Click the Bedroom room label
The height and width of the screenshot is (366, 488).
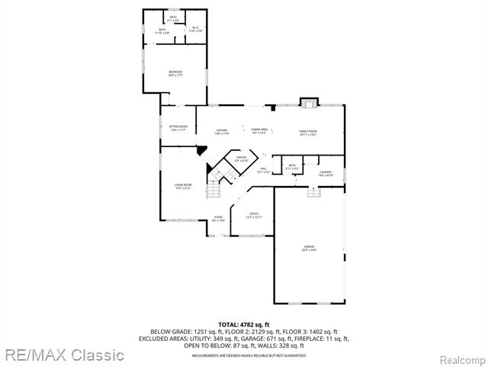(x=175, y=73)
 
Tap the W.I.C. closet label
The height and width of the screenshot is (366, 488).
(x=195, y=29)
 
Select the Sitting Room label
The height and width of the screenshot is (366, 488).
(x=177, y=129)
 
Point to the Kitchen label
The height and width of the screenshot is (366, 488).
(x=222, y=132)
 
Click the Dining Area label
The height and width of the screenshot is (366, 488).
(x=259, y=131)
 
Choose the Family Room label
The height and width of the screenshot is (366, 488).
(x=307, y=133)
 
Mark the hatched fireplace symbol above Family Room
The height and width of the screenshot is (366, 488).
(x=309, y=101)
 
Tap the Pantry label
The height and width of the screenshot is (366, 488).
(x=241, y=159)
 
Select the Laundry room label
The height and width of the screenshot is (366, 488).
(x=326, y=175)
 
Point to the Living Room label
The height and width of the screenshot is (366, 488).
(x=183, y=186)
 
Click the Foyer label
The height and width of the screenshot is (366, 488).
(x=219, y=219)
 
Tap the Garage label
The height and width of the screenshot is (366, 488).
(x=310, y=248)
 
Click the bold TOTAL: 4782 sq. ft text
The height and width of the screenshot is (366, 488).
(x=243, y=325)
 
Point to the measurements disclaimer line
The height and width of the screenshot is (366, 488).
(x=243, y=355)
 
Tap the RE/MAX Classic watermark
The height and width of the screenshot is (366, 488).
(x=63, y=355)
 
